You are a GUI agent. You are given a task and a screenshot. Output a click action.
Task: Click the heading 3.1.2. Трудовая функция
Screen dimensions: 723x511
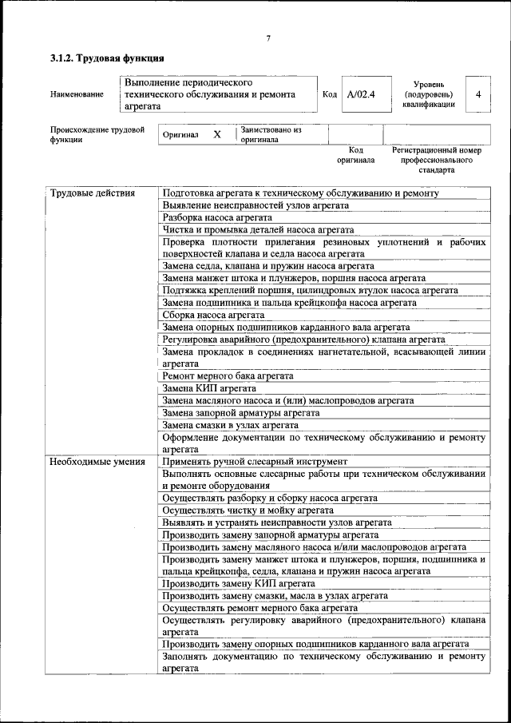[107, 58]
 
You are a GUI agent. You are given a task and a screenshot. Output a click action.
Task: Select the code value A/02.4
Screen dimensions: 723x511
[361, 95]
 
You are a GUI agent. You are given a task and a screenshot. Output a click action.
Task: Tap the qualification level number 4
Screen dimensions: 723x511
[477, 95]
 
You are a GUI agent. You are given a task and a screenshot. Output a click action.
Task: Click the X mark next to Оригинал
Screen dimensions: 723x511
[216, 135]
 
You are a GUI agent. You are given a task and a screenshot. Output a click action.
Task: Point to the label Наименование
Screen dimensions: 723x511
[77, 95]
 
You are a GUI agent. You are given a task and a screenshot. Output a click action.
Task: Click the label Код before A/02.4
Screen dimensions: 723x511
[329, 95]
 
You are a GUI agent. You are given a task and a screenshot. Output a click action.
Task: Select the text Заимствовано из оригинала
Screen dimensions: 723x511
[271, 134]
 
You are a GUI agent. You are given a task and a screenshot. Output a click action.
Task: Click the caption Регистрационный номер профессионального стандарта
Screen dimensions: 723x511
[436, 160]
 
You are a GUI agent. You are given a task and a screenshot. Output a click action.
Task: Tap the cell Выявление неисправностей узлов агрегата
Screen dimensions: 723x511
[255, 205]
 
